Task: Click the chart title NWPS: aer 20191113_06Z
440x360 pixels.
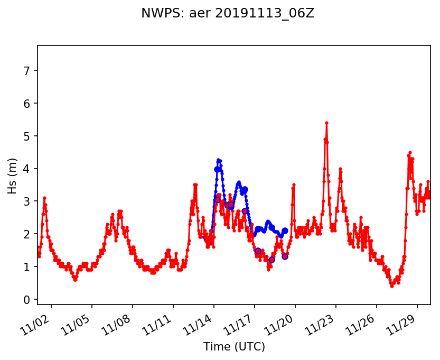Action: click(228, 14)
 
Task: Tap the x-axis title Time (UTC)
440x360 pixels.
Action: click(234, 347)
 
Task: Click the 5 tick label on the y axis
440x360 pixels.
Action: click(26, 136)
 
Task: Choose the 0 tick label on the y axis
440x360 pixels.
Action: click(26, 300)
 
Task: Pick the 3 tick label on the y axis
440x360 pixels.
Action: click(26, 201)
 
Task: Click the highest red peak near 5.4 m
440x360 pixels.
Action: click(326, 123)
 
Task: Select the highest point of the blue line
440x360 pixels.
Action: click(218, 160)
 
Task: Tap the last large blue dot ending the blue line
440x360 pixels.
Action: click(285, 230)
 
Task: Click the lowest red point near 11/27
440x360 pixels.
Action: click(391, 286)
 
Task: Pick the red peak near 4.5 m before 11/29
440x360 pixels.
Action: click(409, 152)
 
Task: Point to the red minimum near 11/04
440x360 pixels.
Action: click(76, 280)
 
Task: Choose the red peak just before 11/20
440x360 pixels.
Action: click(294, 184)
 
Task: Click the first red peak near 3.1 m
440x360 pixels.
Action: click(44, 198)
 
